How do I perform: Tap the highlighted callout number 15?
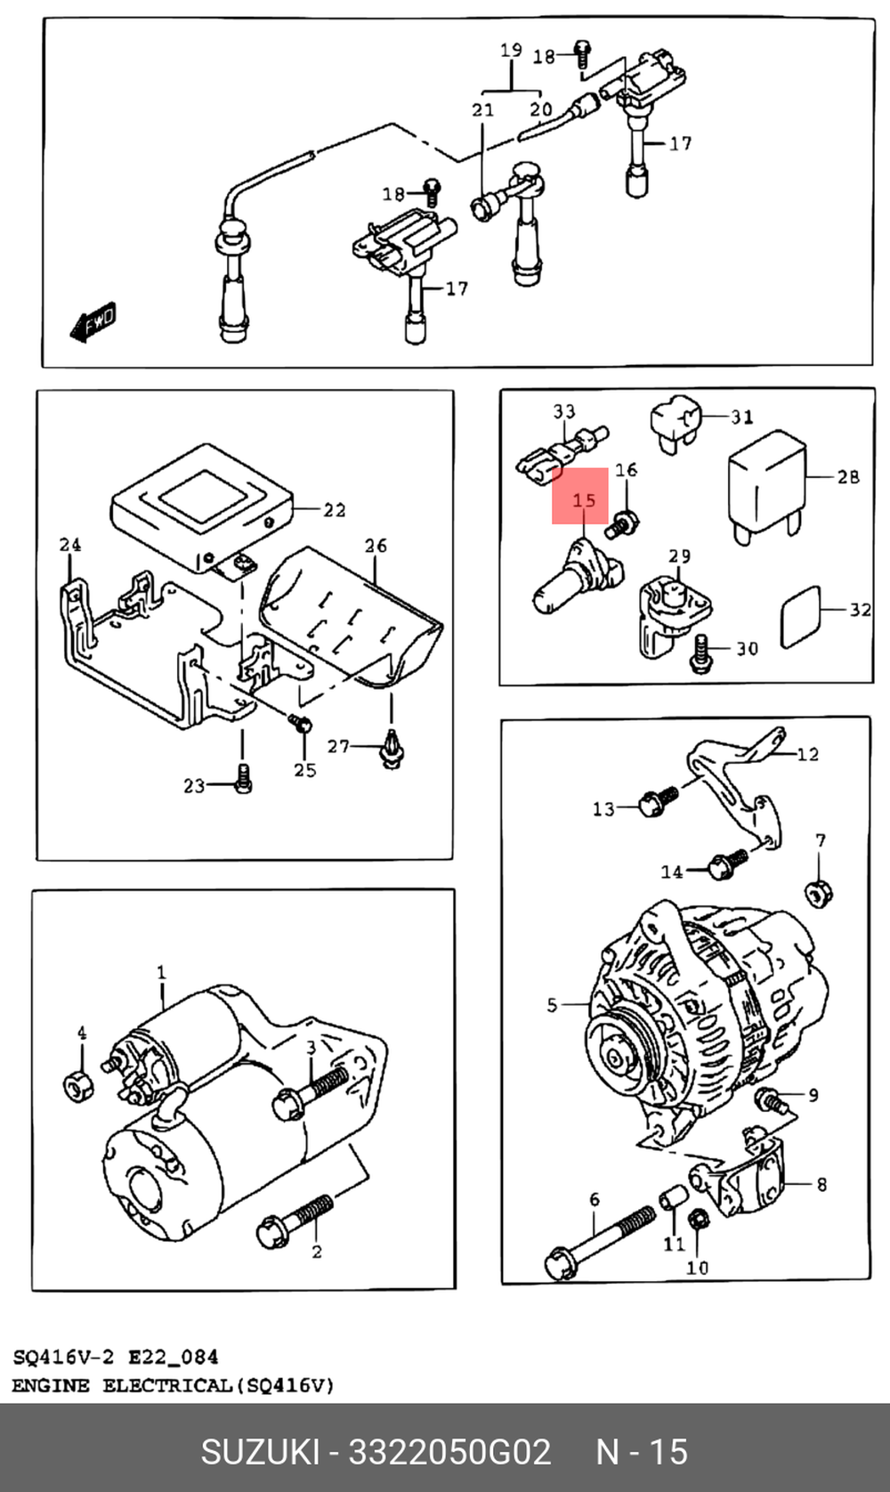click(x=584, y=499)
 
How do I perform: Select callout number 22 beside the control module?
click(x=334, y=510)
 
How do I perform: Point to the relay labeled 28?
click(x=767, y=485)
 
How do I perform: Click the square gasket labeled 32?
click(x=800, y=616)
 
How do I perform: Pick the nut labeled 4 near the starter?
click(x=78, y=1086)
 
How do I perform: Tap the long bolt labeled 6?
click(x=598, y=1243)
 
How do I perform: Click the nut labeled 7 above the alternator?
click(x=818, y=893)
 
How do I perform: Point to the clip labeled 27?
click(x=392, y=750)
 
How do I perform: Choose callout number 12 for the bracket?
click(x=807, y=754)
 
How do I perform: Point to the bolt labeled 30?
click(x=701, y=653)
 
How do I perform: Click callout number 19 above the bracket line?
click(x=511, y=50)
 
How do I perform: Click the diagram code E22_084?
click(x=173, y=1358)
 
